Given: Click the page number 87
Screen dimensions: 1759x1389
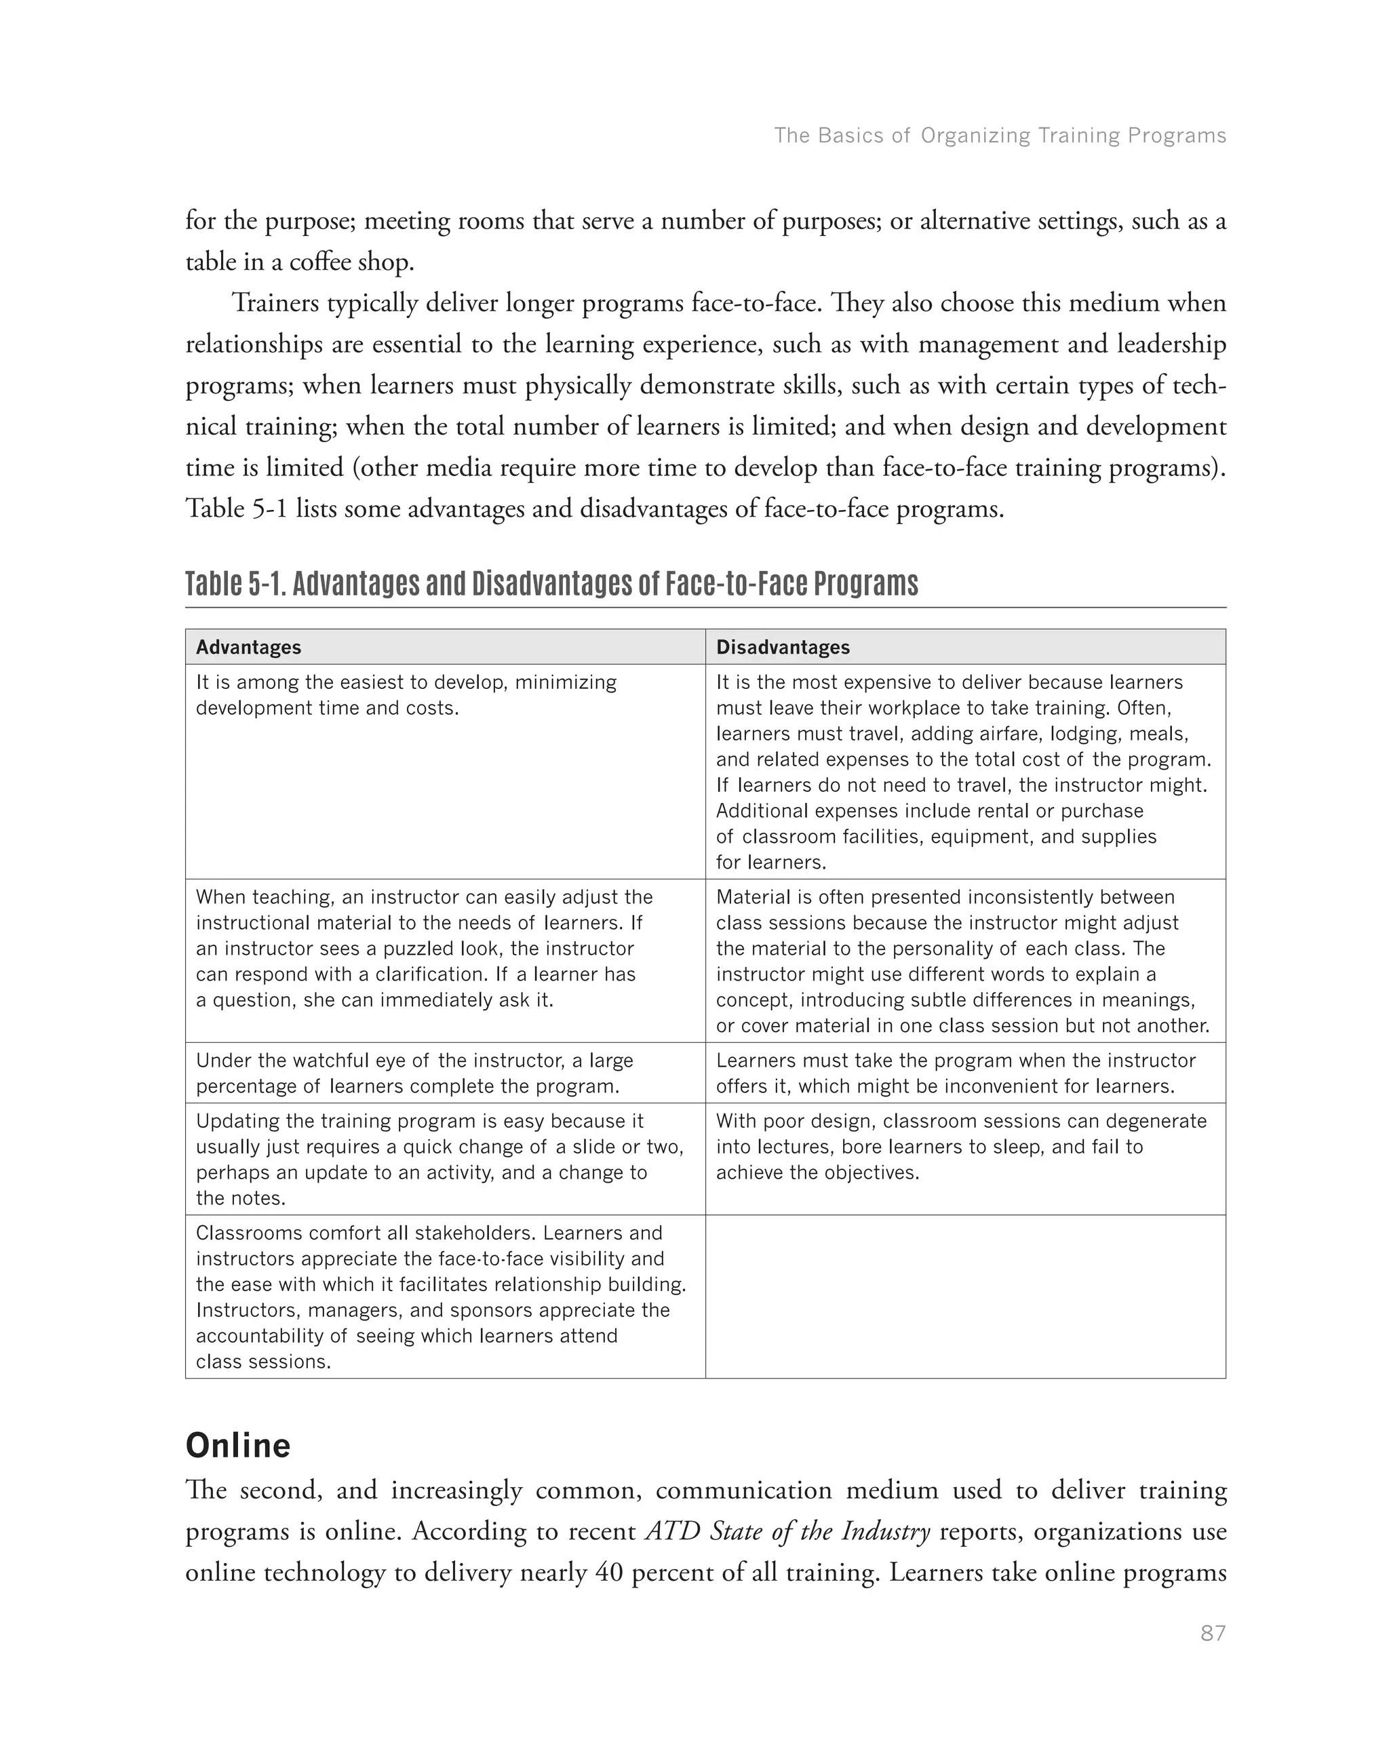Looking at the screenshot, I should click(1212, 1634).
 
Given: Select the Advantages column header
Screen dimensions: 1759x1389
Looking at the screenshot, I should click(248, 648).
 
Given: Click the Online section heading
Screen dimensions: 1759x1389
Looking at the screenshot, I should click(237, 1445).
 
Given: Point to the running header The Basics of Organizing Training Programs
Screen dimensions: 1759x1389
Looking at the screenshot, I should click(1000, 135).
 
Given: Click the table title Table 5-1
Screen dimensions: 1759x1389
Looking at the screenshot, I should click(551, 584).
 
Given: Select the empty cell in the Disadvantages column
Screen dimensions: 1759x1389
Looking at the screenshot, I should click(965, 1297).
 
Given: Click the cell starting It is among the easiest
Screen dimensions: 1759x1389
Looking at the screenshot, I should click(445, 771).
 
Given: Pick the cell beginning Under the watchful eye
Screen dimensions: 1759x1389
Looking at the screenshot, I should click(445, 1073).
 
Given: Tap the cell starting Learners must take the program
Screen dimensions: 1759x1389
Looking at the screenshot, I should click(965, 1073).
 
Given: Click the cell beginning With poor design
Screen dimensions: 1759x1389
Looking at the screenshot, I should click(965, 1158).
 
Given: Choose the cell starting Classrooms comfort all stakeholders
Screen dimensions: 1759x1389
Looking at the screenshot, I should click(445, 1297).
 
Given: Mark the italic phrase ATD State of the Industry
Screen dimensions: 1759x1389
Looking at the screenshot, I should click(787, 1531).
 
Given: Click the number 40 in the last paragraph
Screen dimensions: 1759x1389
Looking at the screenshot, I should click(609, 1572).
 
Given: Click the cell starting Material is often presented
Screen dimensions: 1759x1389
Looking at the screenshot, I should click(965, 960).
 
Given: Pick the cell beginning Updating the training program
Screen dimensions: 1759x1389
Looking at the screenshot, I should click(445, 1158).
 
